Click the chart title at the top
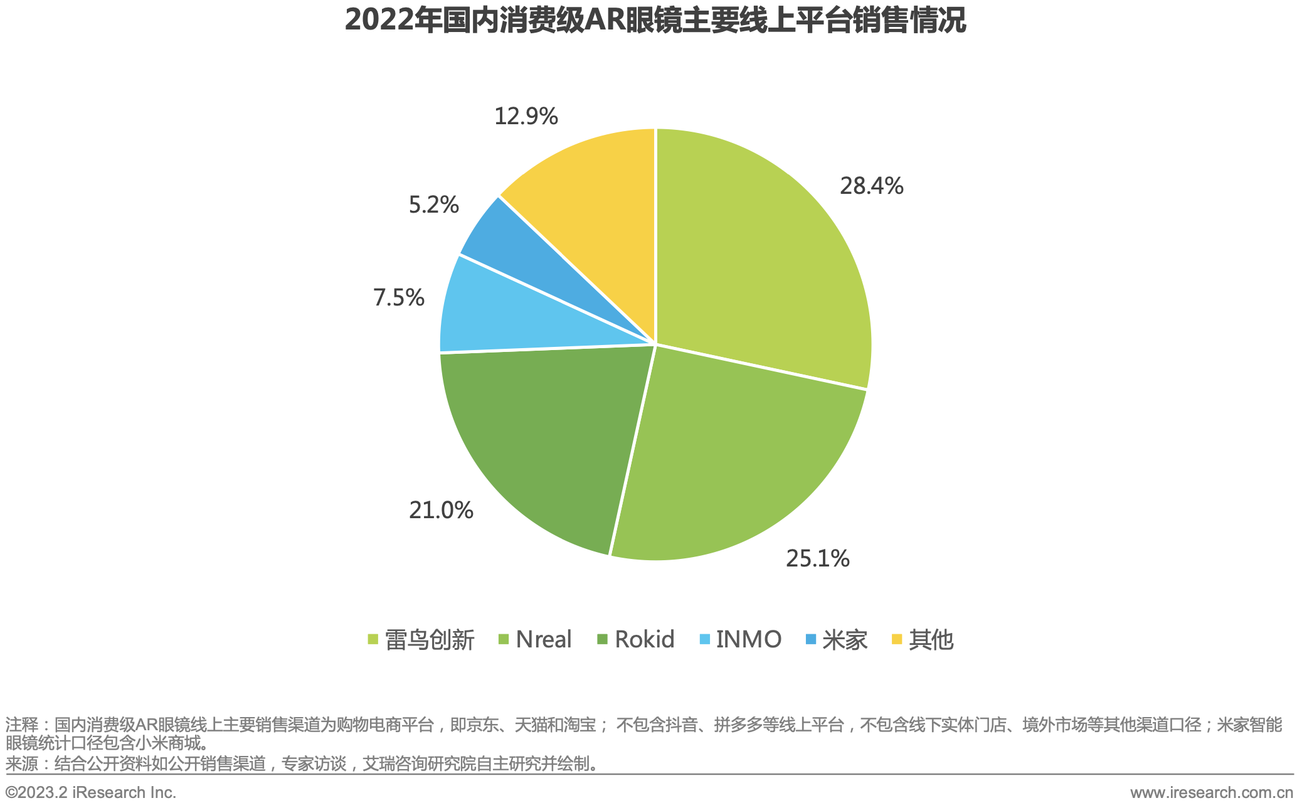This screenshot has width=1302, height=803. (x=655, y=21)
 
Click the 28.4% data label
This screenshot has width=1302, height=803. (x=871, y=186)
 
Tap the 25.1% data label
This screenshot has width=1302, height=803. (x=817, y=558)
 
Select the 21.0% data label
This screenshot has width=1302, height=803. (x=441, y=511)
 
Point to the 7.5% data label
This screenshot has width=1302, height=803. (x=399, y=297)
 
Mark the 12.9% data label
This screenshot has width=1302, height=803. (x=526, y=117)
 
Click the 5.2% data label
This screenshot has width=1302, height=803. (x=433, y=205)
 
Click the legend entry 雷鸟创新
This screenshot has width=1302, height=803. (x=429, y=640)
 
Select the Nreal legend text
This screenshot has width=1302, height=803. (x=543, y=640)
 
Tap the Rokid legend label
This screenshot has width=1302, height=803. (x=644, y=640)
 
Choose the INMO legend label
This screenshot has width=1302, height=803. (x=748, y=640)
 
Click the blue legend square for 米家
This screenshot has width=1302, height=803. (x=811, y=639)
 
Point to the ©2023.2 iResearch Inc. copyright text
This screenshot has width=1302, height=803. (x=91, y=792)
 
